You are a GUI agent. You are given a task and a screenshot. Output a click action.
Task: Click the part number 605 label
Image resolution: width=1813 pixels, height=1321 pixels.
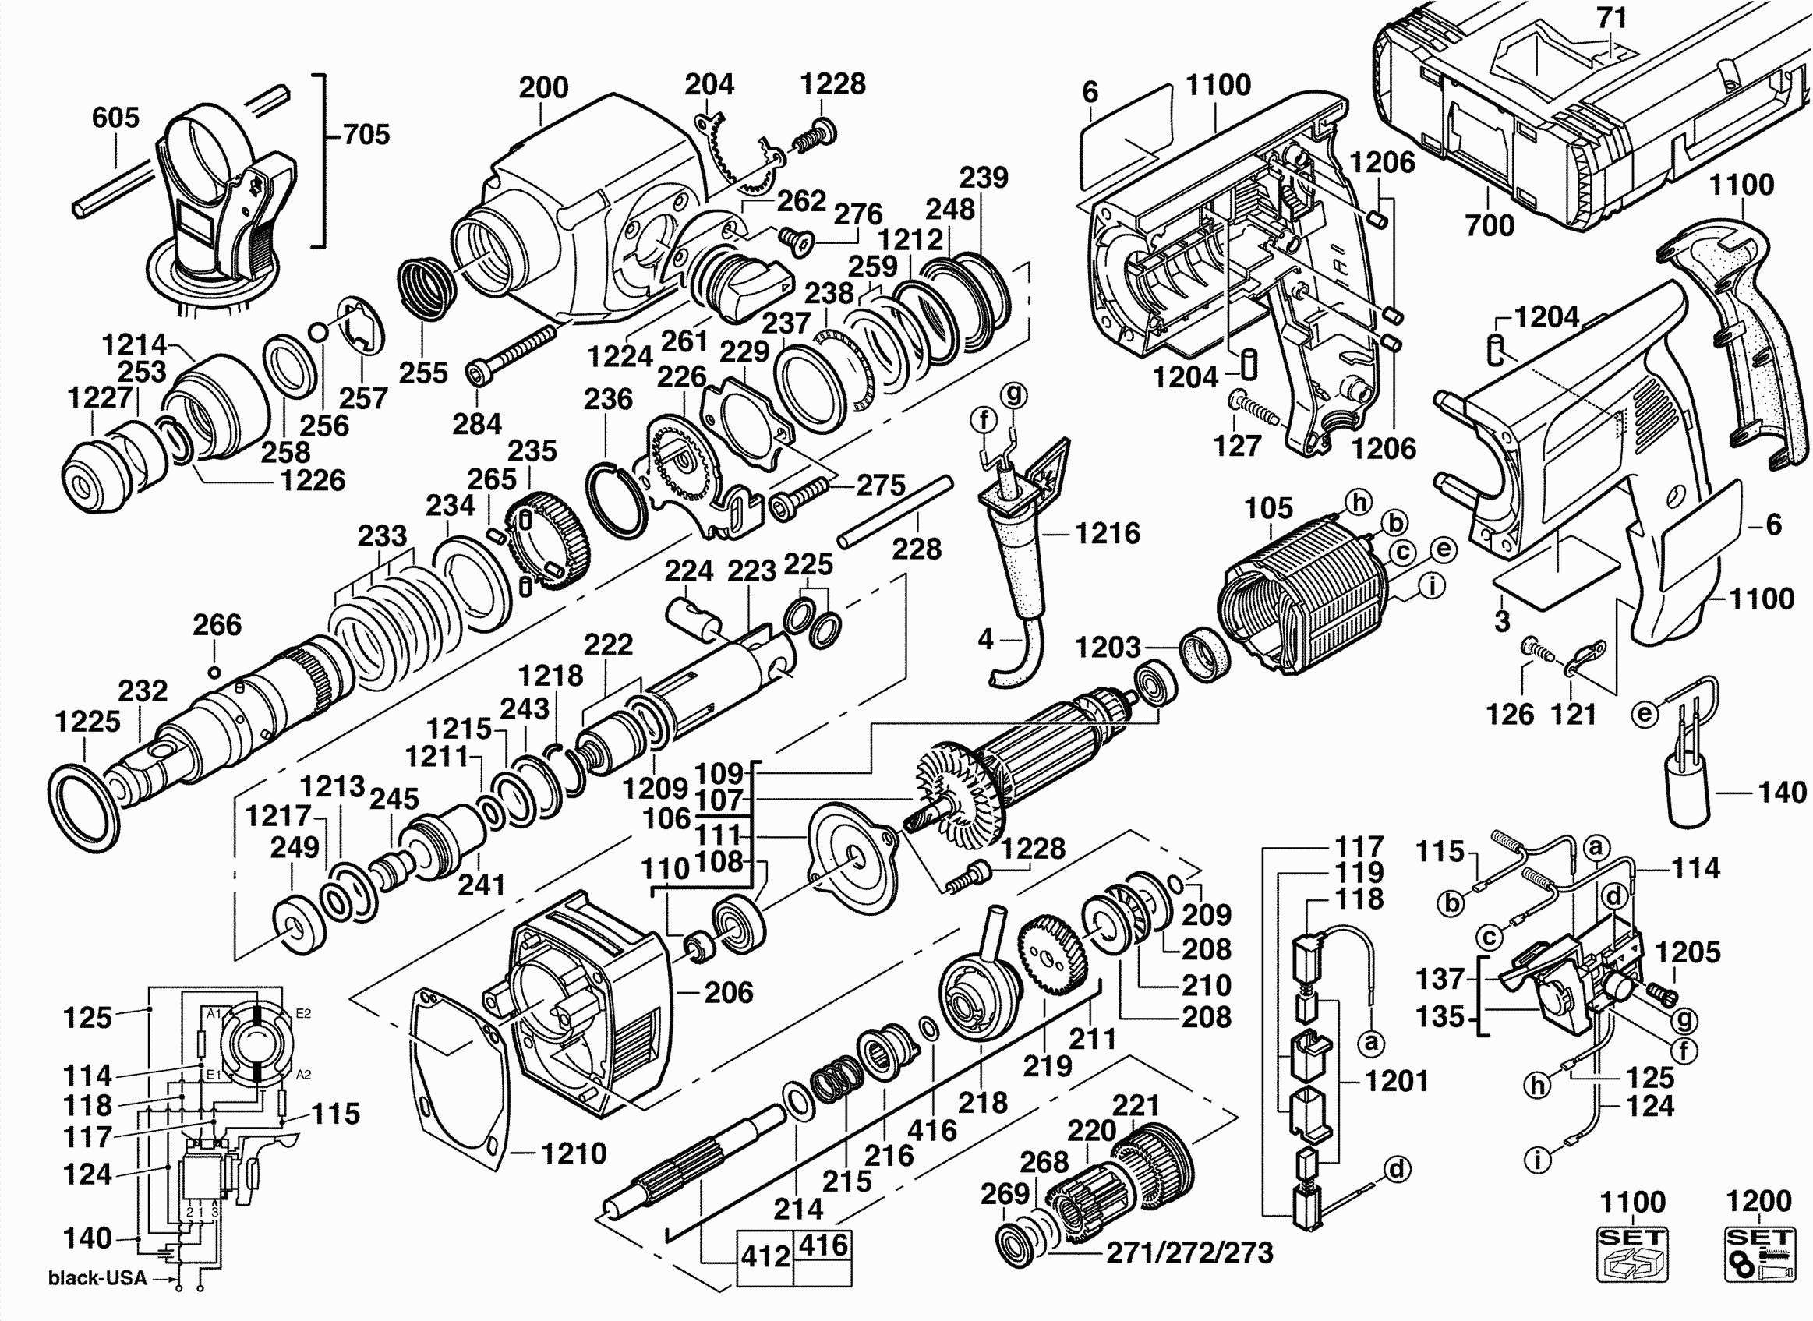115,118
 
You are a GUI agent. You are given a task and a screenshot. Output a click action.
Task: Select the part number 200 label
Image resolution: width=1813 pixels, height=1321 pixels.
543,87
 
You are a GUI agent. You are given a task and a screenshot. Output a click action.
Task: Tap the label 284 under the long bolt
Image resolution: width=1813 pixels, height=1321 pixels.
477,424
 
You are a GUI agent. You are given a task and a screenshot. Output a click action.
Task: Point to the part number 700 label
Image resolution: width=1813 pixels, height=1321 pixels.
1489,225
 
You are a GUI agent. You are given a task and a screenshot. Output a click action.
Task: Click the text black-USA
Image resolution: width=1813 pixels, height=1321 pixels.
97,1278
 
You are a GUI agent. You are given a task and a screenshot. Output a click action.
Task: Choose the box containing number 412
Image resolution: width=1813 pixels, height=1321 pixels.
765,1258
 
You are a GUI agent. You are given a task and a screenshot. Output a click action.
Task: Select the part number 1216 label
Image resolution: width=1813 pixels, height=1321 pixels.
1107,533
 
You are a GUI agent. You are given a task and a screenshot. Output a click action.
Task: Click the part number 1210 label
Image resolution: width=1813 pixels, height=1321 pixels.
574,1153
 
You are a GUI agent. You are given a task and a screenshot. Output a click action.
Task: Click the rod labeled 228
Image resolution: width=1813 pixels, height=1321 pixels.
896,510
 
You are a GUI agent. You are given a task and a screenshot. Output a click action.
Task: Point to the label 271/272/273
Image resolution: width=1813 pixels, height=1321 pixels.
1189,1253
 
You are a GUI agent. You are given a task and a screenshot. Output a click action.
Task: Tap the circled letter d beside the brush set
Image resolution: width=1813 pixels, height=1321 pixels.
1396,1169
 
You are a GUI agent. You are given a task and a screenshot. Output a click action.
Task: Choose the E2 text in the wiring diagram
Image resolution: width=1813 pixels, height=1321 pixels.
303,1014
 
